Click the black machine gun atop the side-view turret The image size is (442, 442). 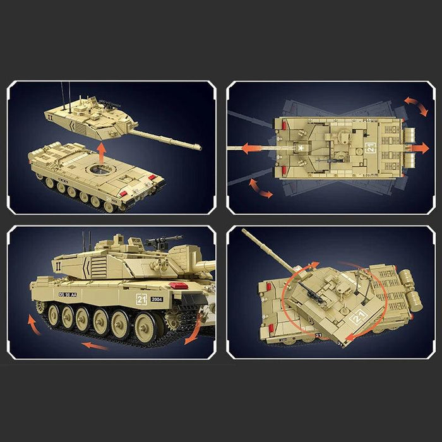coord(157,241)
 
